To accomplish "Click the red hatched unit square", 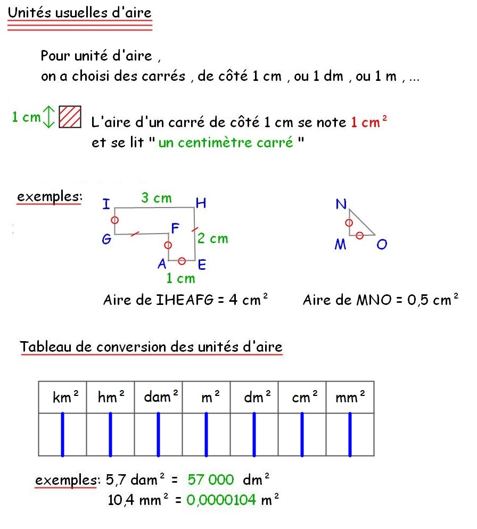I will (x=70, y=117).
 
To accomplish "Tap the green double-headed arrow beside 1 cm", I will (x=48, y=117).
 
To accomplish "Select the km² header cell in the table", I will (x=63, y=397).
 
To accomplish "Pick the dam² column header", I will (x=158, y=397).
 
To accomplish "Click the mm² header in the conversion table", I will (x=350, y=397).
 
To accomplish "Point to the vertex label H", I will (x=201, y=203).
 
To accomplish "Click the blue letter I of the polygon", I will (x=106, y=204).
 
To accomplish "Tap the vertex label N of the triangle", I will (x=341, y=204).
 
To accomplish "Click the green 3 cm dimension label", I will (x=157, y=199).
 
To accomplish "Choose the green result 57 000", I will (x=211, y=480).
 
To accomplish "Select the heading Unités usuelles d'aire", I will (x=80, y=13).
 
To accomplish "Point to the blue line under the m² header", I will (x=206, y=434).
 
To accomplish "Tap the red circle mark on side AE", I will (x=182, y=260).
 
